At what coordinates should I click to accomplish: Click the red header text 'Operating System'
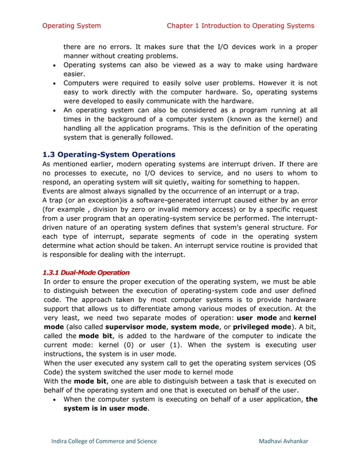tap(72, 25)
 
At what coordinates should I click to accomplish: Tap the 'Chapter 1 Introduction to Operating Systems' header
tap(240, 25)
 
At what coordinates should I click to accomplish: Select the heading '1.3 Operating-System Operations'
tap(109, 154)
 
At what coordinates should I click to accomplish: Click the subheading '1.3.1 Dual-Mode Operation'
tap(86, 272)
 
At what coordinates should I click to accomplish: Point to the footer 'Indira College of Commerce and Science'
tap(104, 441)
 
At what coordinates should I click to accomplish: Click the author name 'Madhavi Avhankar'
tap(283, 441)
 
